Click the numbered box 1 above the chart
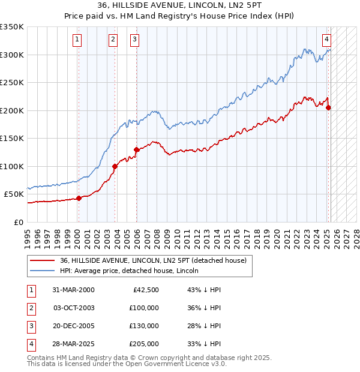click(x=78, y=40)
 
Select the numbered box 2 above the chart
click(x=113, y=40)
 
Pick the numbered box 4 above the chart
click(x=326, y=40)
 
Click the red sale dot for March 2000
click(x=79, y=198)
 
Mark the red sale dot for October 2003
click(x=115, y=166)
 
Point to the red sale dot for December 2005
click(x=136, y=149)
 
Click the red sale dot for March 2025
click(x=328, y=108)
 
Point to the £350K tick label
click(x=12, y=27)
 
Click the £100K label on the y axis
click(x=12, y=166)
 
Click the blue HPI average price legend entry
click(x=129, y=271)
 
